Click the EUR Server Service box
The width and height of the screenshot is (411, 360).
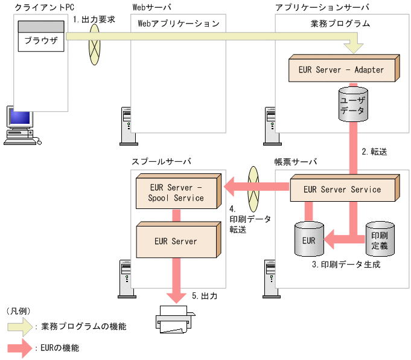[x=342, y=189]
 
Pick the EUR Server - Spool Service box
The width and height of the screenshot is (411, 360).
[x=177, y=193]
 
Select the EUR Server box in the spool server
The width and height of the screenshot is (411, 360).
[x=176, y=241]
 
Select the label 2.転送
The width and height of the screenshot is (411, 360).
[x=374, y=152]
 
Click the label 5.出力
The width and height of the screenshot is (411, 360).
[x=205, y=296]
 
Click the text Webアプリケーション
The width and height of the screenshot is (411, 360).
[x=179, y=24]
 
